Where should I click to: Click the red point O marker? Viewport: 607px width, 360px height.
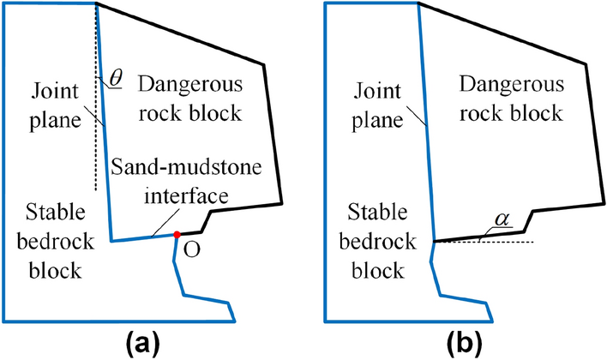pyautogui.click(x=176, y=234)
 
